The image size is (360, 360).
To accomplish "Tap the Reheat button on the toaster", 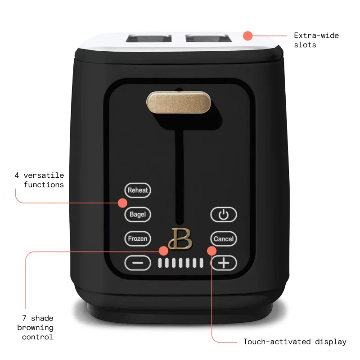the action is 138,190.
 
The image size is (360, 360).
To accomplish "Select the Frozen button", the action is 138,239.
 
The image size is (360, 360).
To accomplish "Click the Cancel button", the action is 224,239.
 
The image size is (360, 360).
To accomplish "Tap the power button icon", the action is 224,215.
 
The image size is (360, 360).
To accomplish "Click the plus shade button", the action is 224,262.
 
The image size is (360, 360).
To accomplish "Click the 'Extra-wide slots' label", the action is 316,40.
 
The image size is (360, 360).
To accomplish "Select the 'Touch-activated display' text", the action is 295,342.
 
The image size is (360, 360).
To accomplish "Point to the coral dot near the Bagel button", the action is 123,203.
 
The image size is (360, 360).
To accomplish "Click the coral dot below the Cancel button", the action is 211,250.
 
